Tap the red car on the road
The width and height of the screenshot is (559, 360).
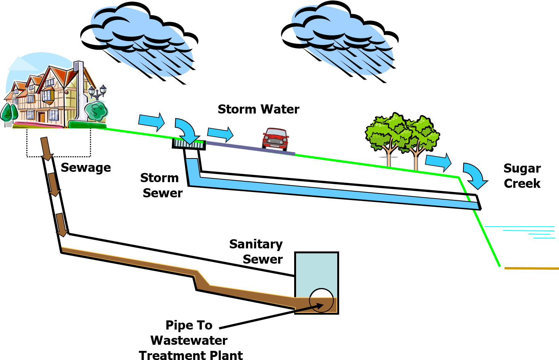pos(275,138)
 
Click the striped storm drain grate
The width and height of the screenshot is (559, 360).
pos(189,144)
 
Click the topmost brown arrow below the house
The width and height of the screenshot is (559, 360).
pos(46,149)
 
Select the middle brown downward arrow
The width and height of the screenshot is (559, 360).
pos(54,184)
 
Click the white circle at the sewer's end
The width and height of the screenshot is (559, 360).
pos(321,300)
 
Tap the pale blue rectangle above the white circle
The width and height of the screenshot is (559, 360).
pos(316,274)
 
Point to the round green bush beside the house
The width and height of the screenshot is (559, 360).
pos(96,110)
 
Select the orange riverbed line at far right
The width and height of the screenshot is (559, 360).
pos(531,268)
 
